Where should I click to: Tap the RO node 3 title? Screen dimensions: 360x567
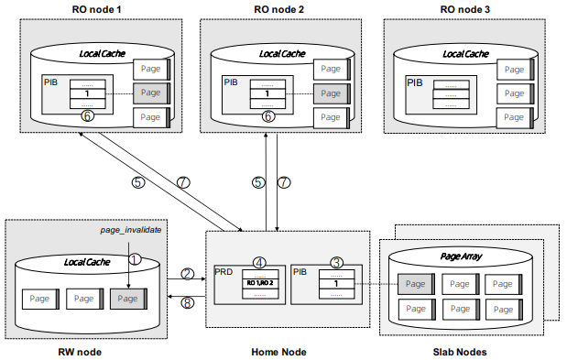464,9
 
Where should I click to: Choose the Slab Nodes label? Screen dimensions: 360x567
458,351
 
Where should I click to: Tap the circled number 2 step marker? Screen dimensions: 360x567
187,273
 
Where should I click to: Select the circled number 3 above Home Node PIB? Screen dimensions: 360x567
336,263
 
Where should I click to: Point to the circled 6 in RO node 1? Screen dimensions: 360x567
88,117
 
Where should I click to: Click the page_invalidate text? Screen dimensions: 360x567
130,231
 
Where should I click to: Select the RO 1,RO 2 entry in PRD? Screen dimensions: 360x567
259,284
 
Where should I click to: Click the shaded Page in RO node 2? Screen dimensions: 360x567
332,93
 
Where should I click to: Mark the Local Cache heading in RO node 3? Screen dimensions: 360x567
463,54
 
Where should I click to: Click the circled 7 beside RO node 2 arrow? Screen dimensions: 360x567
283,182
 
